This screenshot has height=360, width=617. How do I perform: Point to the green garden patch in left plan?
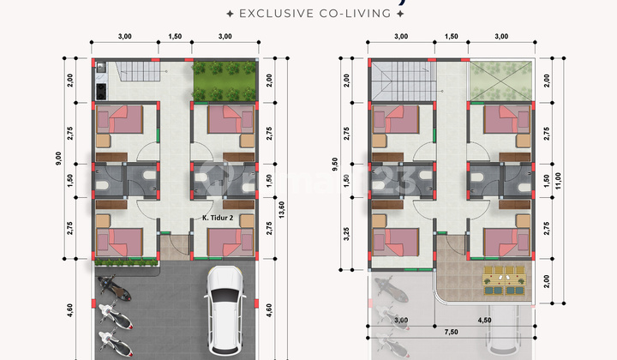tap(223, 80)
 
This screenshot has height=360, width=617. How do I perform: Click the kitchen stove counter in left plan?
tap(100, 80)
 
